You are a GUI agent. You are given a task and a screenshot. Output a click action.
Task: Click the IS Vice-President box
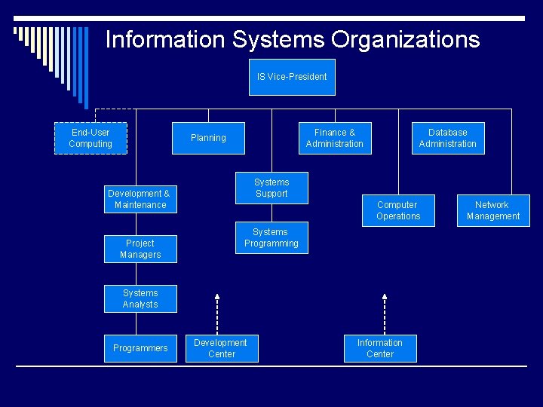292,77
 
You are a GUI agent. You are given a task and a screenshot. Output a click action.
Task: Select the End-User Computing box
90,138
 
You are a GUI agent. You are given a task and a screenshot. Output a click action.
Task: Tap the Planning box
208,138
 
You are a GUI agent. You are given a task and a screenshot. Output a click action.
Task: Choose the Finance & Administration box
335,138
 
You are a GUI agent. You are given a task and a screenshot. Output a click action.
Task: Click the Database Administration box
448,138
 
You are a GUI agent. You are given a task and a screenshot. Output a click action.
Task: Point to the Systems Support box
271,188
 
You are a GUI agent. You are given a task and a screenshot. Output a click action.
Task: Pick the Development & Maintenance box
140,199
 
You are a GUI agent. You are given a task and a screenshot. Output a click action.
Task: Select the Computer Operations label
397,210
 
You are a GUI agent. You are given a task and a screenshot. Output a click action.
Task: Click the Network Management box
492,210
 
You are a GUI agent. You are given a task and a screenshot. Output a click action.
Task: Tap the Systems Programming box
271,238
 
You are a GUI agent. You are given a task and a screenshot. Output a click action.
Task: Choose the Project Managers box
140,249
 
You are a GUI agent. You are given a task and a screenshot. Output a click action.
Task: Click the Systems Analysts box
140,298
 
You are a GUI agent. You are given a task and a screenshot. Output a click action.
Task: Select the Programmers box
140,348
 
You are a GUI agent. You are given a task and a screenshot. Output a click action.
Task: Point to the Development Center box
221,348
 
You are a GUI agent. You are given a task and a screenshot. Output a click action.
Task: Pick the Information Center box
380,348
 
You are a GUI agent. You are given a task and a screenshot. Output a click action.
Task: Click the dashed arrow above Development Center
216,313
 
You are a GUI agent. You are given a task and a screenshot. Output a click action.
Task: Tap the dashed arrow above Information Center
384,313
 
